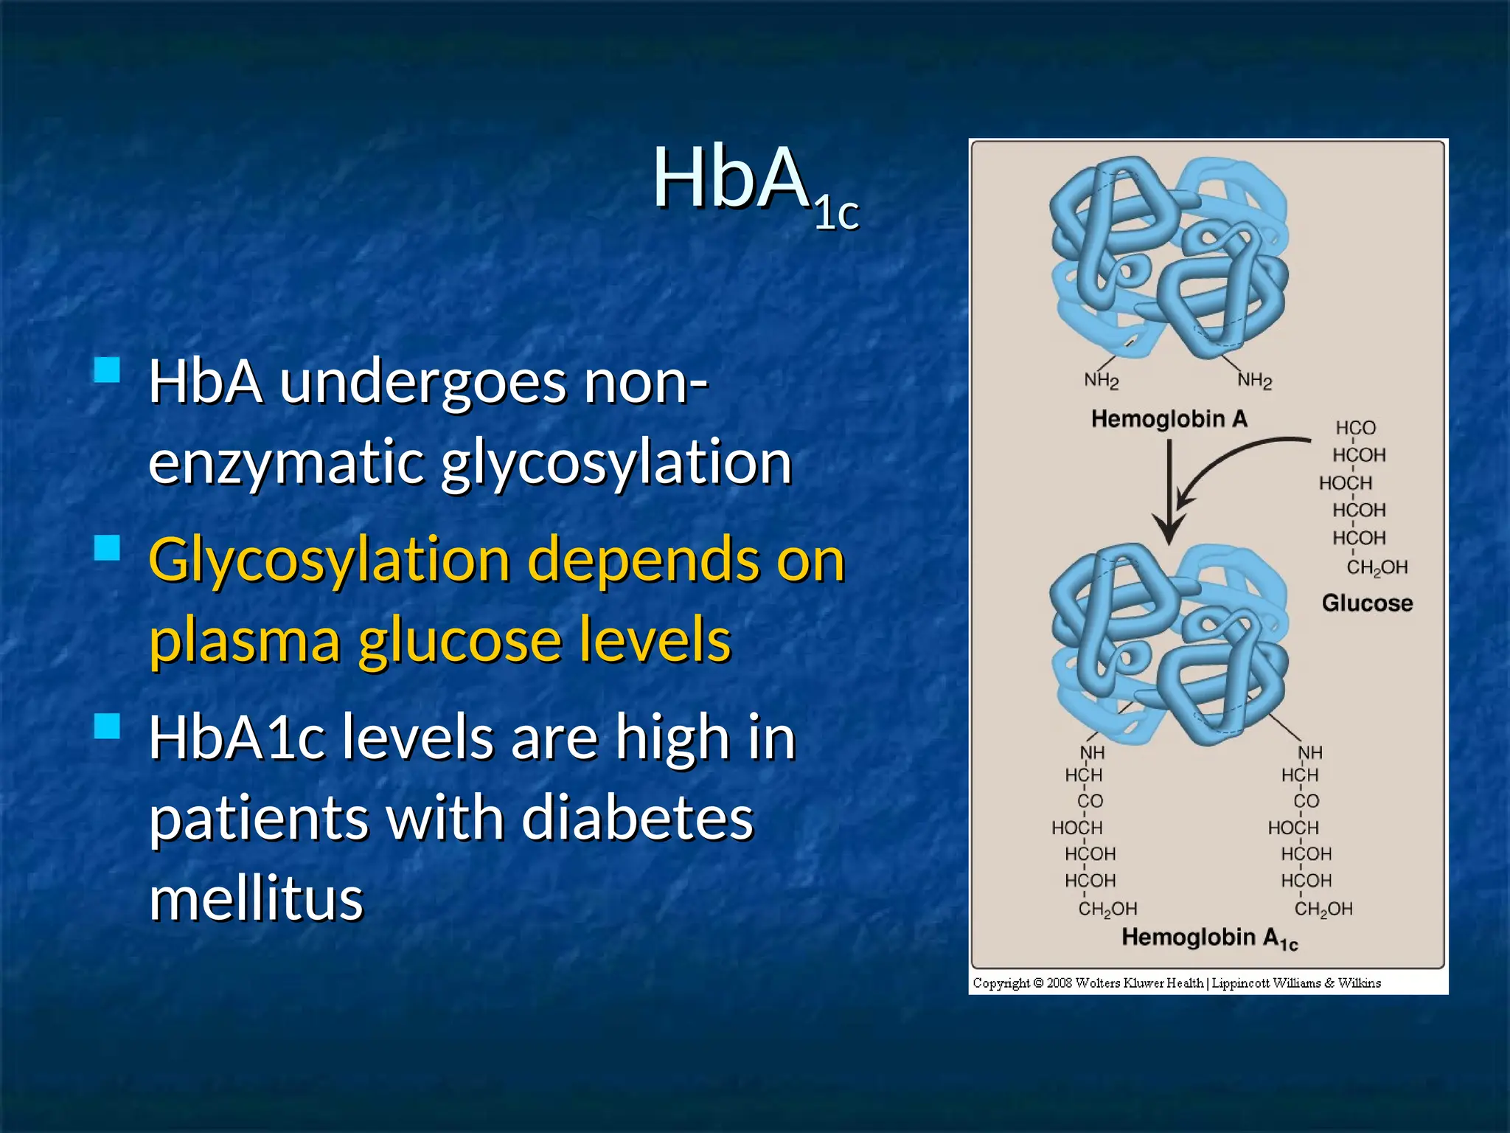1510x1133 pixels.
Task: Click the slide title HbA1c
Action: [x=755, y=184]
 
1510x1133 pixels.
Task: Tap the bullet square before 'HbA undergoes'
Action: [x=108, y=370]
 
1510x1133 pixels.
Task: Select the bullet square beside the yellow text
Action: [x=108, y=548]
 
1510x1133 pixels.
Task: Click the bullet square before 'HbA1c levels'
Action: [x=108, y=726]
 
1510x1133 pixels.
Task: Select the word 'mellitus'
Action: [x=256, y=898]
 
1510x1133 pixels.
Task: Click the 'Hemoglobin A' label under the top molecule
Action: [x=1169, y=419]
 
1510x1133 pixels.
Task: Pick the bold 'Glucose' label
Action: [x=1366, y=603]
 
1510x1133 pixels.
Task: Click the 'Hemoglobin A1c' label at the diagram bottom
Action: [x=1208, y=938]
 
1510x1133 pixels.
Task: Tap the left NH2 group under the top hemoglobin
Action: [x=1101, y=380]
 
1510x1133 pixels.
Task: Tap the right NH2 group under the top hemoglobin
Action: [x=1254, y=380]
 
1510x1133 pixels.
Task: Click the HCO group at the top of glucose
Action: [x=1355, y=428]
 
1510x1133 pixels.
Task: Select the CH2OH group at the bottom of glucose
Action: [x=1377, y=567]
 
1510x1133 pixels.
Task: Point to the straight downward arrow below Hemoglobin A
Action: [x=1169, y=494]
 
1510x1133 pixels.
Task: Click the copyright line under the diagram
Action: [x=1176, y=983]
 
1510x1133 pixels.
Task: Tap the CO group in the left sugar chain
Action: [x=1090, y=801]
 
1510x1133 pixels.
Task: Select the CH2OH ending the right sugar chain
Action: [x=1323, y=909]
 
